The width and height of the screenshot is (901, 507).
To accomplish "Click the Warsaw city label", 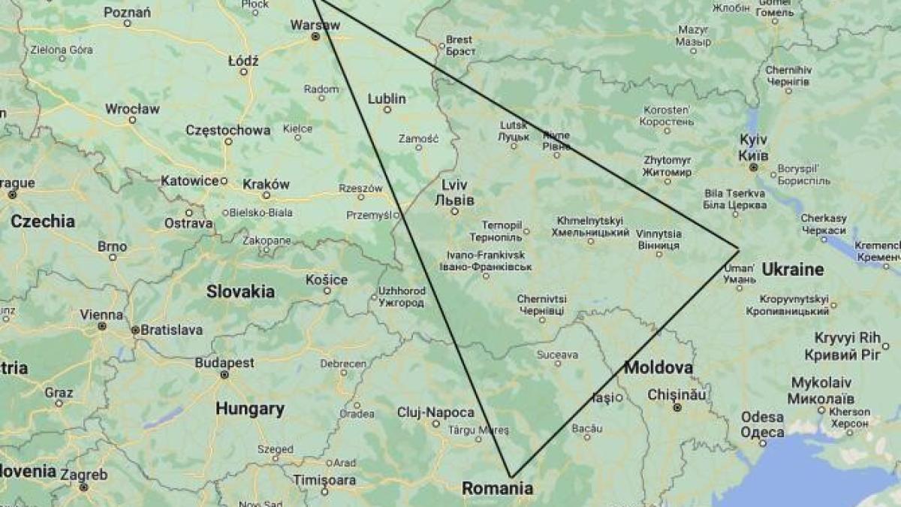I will [315, 24].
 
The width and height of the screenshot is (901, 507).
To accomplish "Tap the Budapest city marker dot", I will [224, 374].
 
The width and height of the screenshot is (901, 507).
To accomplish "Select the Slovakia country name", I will [240, 291].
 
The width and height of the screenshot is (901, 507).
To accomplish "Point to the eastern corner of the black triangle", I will [739, 249].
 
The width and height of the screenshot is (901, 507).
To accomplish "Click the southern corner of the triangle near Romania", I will [511, 476].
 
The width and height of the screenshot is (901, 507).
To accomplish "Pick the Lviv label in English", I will [454, 185].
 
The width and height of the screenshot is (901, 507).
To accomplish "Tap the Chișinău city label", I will [677, 394].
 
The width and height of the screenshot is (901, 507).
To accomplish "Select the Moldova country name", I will [658, 367].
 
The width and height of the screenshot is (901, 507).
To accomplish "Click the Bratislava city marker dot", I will [135, 330].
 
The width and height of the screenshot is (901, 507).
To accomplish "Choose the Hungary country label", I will [250, 409].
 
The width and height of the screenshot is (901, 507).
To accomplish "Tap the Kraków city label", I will [266, 184].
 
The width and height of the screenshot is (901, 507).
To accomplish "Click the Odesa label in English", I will [762, 417].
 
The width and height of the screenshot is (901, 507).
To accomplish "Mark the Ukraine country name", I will [792, 269].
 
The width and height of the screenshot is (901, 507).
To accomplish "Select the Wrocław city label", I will [132, 108].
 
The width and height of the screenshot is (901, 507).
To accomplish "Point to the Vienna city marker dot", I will [101, 326].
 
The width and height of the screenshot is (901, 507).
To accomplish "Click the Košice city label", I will [327, 279].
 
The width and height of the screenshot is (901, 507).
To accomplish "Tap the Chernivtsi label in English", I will [541, 299].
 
